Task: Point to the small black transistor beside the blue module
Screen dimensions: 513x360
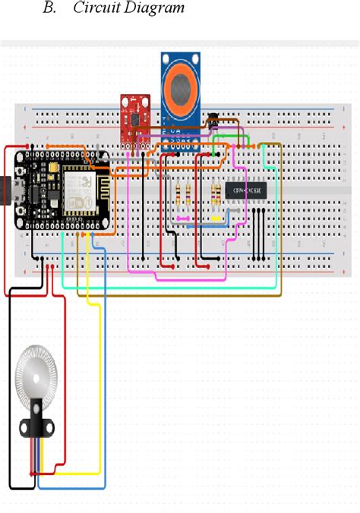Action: [213, 118]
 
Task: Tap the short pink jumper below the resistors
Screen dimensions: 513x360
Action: [182, 219]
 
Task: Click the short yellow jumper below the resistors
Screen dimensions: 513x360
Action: [216, 219]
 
